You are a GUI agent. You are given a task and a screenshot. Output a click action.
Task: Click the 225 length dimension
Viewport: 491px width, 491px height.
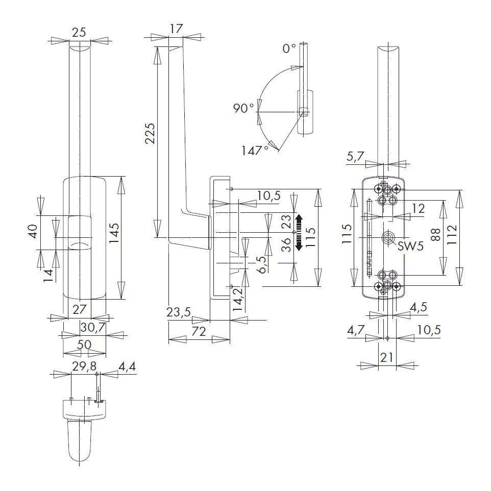150,133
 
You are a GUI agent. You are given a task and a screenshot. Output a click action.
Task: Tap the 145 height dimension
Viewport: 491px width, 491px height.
114,233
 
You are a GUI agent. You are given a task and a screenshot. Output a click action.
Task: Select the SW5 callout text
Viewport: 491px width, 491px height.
410,246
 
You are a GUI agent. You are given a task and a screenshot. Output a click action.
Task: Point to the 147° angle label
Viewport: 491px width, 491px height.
255,151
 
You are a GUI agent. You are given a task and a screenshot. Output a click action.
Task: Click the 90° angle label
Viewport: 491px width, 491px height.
243,108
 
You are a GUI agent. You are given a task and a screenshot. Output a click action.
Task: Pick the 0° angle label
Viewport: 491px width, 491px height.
289,48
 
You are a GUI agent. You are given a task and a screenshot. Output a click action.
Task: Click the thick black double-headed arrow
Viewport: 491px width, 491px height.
299,232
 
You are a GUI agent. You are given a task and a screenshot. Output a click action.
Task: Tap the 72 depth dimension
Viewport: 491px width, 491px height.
199,331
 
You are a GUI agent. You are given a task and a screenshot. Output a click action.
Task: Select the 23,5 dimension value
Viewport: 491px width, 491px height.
179,312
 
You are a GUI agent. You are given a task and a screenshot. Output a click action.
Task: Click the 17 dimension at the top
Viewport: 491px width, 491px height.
176,29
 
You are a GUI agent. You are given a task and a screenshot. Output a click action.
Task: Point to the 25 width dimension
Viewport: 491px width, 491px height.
79,32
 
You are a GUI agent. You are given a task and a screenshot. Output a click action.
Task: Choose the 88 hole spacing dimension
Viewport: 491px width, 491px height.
435,235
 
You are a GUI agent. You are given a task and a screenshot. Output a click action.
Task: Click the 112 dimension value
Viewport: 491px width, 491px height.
452,235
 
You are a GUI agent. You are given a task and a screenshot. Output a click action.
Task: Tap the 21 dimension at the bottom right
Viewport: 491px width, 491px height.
387,357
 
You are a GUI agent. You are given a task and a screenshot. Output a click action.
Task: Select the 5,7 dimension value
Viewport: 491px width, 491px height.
355,156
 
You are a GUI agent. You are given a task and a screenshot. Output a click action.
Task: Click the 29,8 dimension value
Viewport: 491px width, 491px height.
84,366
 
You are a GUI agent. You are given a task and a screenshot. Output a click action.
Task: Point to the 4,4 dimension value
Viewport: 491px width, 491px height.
127,366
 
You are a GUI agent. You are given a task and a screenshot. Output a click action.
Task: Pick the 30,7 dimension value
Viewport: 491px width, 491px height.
93,328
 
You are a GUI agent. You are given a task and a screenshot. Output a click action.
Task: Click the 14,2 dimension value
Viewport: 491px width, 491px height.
238,300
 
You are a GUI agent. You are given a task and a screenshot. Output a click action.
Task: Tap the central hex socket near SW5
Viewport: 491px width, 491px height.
388,238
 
